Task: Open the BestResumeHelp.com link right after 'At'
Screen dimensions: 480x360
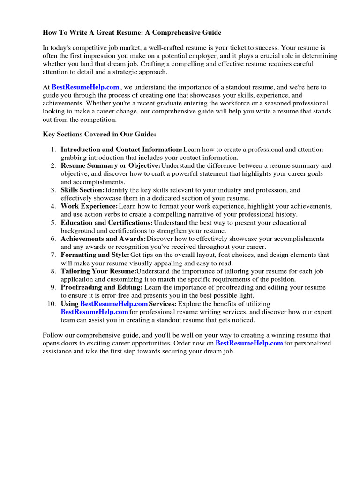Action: click(85, 87)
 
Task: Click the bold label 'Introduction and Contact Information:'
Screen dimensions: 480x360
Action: click(121, 150)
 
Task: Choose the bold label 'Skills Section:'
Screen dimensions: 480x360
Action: click(82, 190)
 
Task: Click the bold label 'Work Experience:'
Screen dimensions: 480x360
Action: click(89, 206)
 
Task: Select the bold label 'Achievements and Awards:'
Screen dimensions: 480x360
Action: click(103, 239)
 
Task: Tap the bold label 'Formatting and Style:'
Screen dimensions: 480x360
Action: click(95, 255)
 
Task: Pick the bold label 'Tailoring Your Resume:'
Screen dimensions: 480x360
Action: click(98, 271)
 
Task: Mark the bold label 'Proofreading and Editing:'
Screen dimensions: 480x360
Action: click(102, 287)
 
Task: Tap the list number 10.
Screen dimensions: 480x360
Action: click(52, 303)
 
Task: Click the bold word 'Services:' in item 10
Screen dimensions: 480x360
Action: click(163, 303)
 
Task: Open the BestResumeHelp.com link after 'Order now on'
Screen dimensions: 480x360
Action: click(249, 343)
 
